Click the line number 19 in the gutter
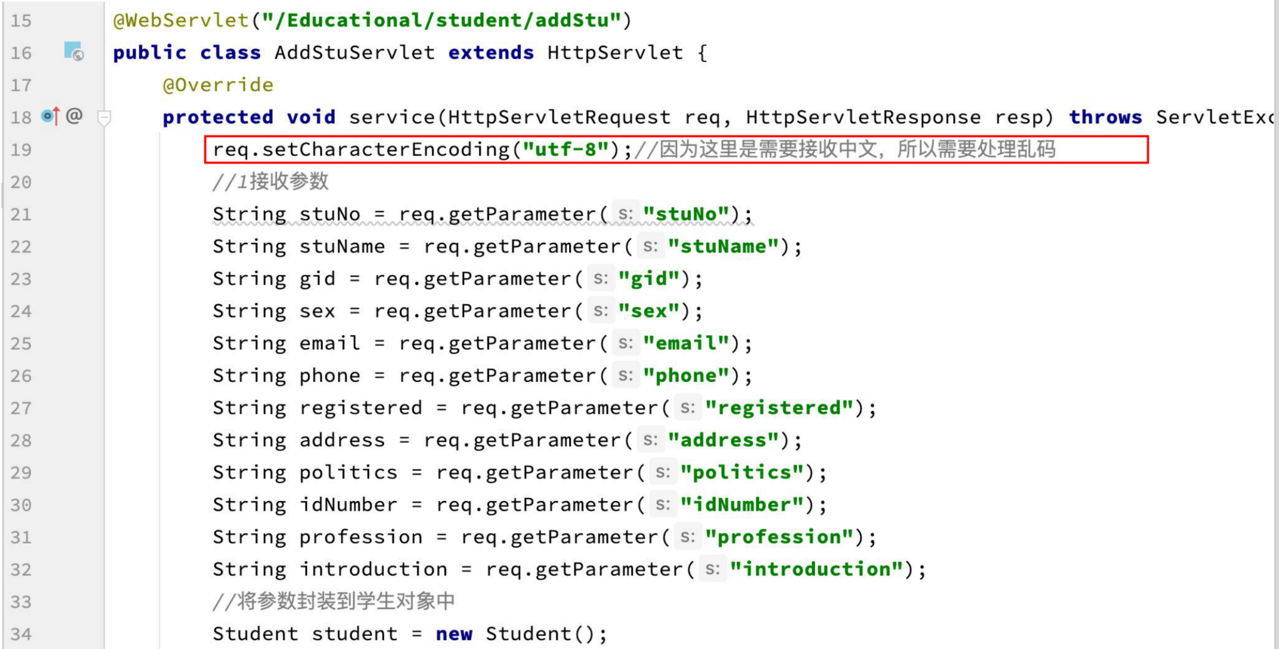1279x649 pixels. [x=21, y=150]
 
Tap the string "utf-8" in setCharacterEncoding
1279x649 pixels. [x=566, y=149]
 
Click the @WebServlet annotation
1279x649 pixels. [x=181, y=20]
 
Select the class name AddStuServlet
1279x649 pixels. [x=354, y=53]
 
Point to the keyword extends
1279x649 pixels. [x=491, y=53]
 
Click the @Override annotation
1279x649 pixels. [x=218, y=85]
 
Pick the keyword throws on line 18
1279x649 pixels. [x=1105, y=117]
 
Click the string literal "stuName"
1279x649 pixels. [x=723, y=247]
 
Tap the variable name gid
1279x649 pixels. [x=317, y=279]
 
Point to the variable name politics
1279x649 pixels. [x=348, y=473]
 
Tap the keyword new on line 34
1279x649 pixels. [x=454, y=634]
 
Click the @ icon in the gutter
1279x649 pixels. [x=74, y=116]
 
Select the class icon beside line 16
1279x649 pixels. [x=73, y=51]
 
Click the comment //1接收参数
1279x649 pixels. [x=270, y=182]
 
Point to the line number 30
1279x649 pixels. [x=21, y=505]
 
